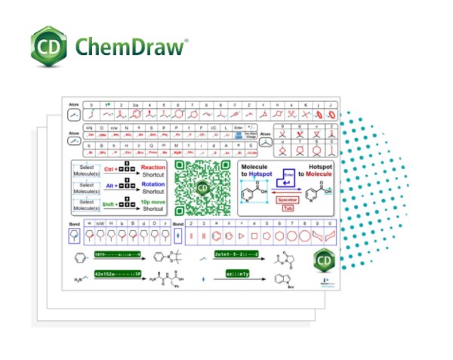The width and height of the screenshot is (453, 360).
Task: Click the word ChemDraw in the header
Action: (x=130, y=48)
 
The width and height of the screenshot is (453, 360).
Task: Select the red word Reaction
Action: (x=153, y=167)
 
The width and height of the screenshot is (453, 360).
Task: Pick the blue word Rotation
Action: (x=153, y=185)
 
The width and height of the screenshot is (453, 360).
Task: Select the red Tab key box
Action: (x=287, y=208)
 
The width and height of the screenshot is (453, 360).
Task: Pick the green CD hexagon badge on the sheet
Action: (x=324, y=259)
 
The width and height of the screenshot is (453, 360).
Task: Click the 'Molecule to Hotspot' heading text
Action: (x=257, y=170)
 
